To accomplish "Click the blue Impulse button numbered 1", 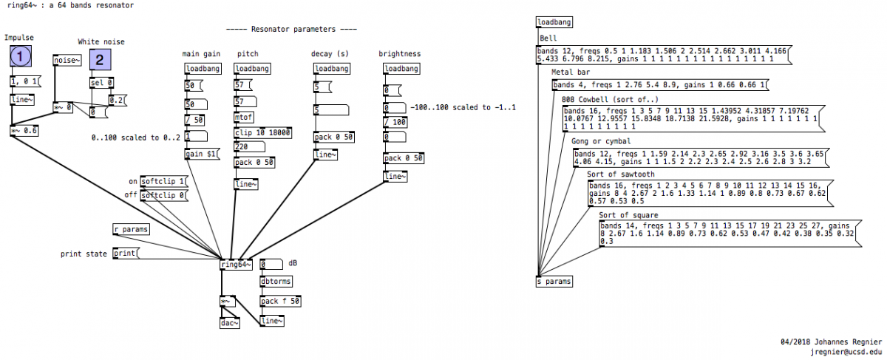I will tap(22, 56).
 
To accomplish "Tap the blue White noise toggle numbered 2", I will tap(101, 60).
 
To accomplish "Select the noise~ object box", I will tap(67, 61).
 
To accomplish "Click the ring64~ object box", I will tap(236, 265).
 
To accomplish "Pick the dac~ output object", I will tap(230, 322).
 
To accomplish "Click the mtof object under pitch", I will tap(243, 118).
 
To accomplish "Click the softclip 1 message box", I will tap(163, 181).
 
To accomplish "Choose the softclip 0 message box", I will tap(163, 196).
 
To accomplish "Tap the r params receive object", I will tap(131, 229).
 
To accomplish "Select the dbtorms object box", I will tap(276, 281).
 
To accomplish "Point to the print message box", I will tap(126, 254).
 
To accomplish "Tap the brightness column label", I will tap(400, 53).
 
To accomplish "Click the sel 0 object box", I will tap(102, 83).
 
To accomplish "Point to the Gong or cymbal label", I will tap(601, 141).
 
